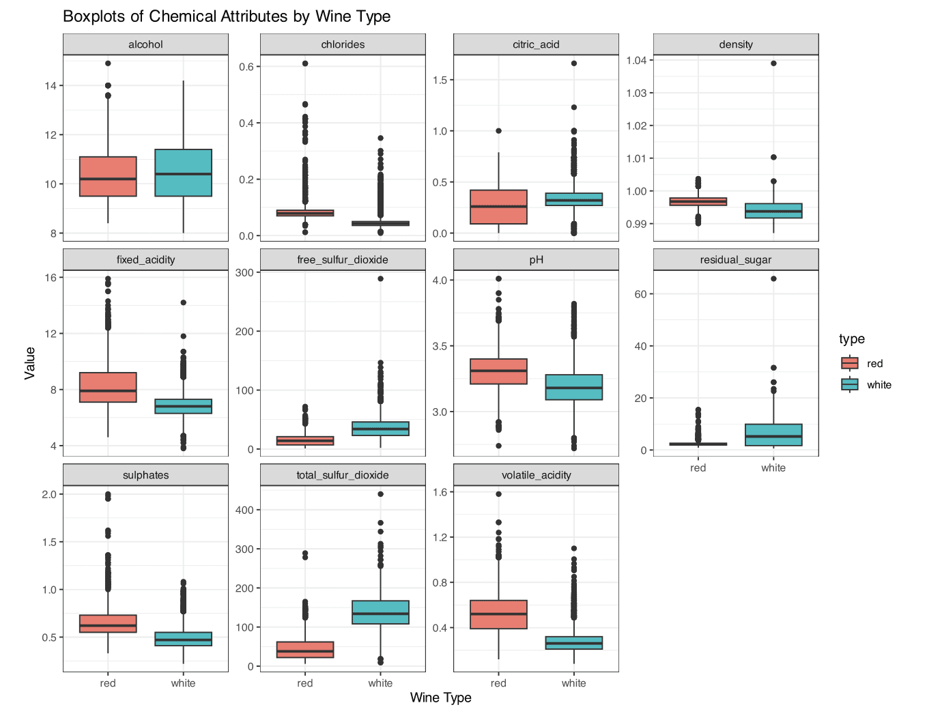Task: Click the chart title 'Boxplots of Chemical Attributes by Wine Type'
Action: tap(227, 16)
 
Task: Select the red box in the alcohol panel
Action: tap(108, 176)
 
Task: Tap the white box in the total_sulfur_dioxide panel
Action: tap(380, 612)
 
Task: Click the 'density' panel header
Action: tap(735, 44)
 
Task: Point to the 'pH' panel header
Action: tap(536, 260)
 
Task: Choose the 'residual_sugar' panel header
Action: tap(735, 260)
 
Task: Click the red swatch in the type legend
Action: tap(850, 363)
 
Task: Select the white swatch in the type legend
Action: tap(850, 384)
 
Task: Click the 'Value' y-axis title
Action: tap(30, 363)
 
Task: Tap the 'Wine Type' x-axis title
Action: tap(440, 698)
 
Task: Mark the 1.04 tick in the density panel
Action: tap(636, 60)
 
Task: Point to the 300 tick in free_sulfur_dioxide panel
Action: tap(244, 272)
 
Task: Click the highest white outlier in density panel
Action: tap(773, 63)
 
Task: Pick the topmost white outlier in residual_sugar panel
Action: tap(773, 278)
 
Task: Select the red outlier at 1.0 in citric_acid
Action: tap(498, 131)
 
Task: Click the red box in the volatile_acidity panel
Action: tap(498, 614)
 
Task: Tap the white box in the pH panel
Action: tap(573, 387)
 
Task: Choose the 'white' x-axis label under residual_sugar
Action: tap(773, 468)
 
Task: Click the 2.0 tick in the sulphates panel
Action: tap(49, 494)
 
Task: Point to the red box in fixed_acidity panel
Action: tap(108, 387)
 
